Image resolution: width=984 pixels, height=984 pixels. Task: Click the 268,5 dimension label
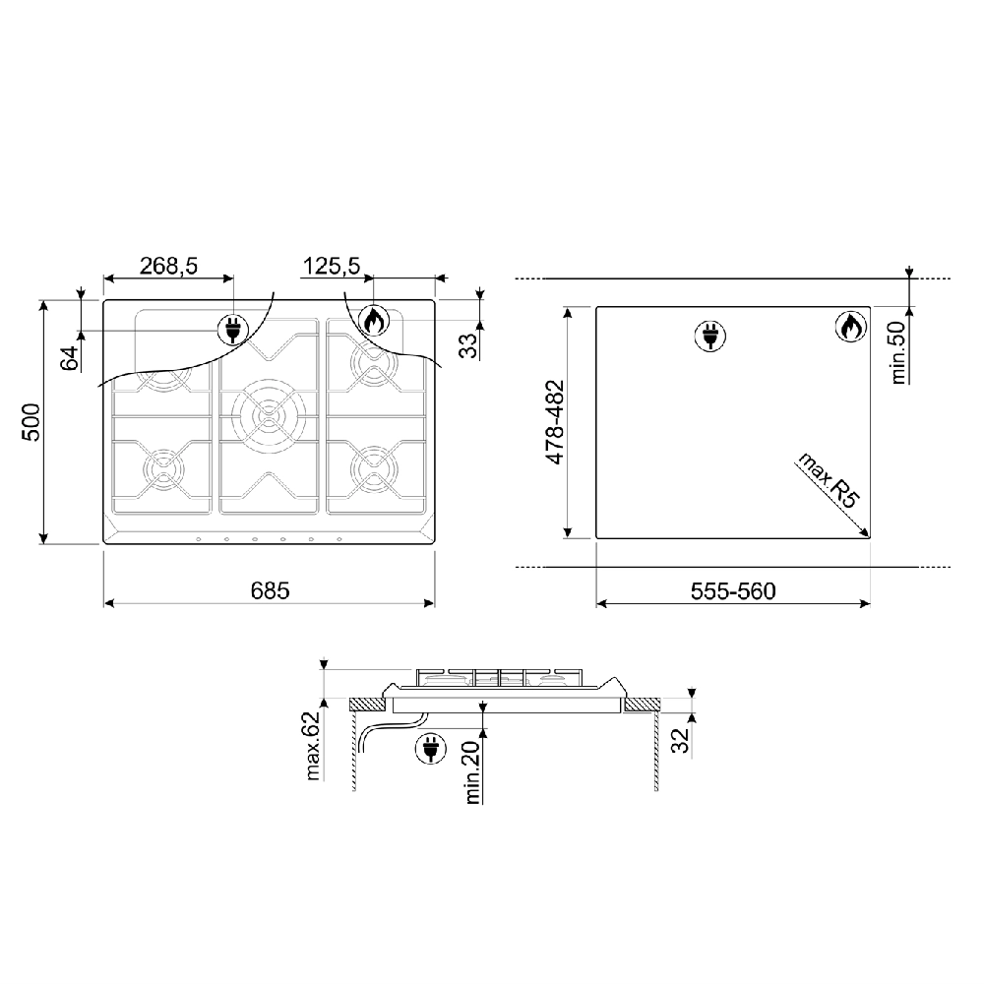[x=168, y=266]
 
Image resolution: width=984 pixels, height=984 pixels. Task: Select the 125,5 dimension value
[x=332, y=266]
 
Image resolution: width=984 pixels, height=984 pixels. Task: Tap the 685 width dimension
[x=270, y=590]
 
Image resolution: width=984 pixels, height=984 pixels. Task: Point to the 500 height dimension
[x=31, y=422]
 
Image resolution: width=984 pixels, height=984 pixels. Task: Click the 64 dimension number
[x=71, y=358]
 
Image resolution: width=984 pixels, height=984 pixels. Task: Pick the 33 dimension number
[x=468, y=345]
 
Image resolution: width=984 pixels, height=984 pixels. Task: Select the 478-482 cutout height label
[x=555, y=422]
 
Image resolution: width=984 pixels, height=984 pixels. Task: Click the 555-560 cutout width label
[x=733, y=591]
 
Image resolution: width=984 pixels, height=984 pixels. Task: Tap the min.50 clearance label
[x=898, y=352]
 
